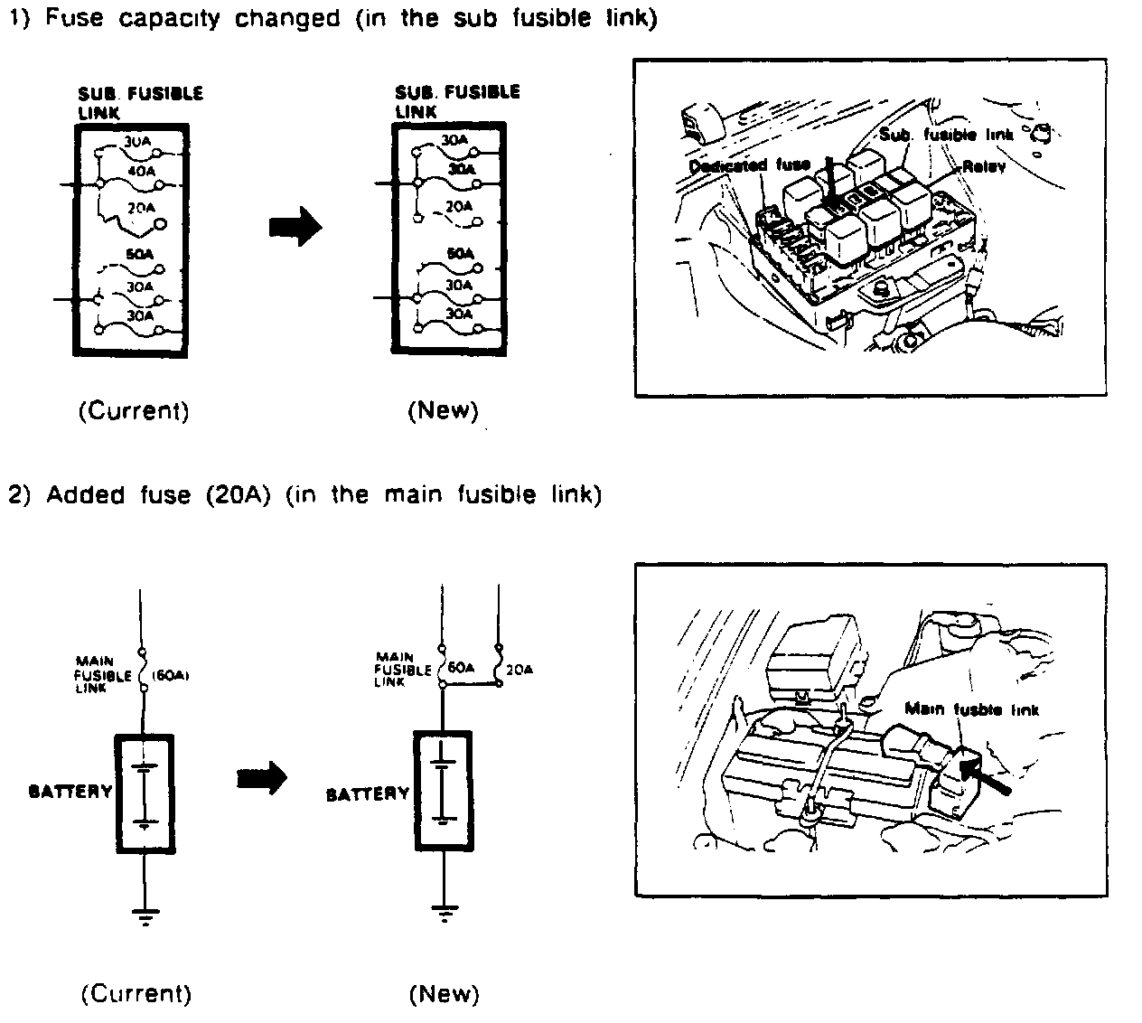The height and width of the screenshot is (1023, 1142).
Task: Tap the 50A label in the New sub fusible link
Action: (x=461, y=254)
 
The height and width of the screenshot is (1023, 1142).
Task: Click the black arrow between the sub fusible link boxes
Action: (x=295, y=226)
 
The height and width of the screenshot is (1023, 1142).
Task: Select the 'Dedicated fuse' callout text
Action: (x=749, y=165)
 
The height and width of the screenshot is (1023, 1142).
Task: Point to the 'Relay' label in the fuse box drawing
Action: (x=984, y=167)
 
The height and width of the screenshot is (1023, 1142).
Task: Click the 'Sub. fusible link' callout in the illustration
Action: (x=945, y=135)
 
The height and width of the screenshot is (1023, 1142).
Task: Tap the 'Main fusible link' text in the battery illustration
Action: (x=971, y=709)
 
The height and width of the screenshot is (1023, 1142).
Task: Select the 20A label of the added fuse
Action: (x=520, y=670)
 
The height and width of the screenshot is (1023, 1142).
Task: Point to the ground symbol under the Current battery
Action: (x=145, y=915)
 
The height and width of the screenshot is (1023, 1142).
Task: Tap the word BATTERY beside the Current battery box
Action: (x=70, y=792)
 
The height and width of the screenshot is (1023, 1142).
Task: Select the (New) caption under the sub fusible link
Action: (x=443, y=411)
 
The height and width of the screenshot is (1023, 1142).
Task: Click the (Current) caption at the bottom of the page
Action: (x=136, y=994)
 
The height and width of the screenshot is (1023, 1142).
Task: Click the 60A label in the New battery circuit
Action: (x=460, y=668)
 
